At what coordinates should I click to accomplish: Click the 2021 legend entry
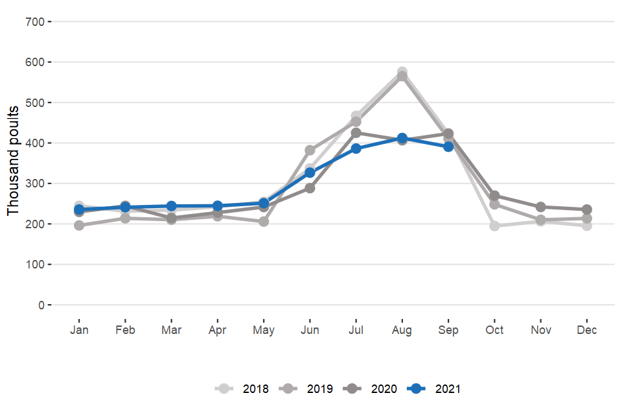pos(434,389)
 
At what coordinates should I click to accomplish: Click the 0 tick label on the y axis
pos(41,305)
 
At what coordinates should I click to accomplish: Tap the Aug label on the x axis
pos(402,331)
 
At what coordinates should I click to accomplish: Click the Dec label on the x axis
pos(587,331)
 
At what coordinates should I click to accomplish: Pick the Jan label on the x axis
pos(79,331)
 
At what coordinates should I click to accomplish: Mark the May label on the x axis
pos(264,331)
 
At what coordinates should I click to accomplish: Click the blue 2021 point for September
pos(448,147)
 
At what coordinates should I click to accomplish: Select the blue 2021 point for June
pos(310,172)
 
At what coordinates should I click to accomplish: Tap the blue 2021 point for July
pos(356,148)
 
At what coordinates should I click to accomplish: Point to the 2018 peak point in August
pos(402,72)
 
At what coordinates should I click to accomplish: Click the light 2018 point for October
pos(494,226)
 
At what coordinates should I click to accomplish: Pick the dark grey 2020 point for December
pos(587,209)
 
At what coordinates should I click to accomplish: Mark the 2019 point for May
pos(264,222)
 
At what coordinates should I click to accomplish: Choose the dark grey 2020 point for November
pos(541,207)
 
